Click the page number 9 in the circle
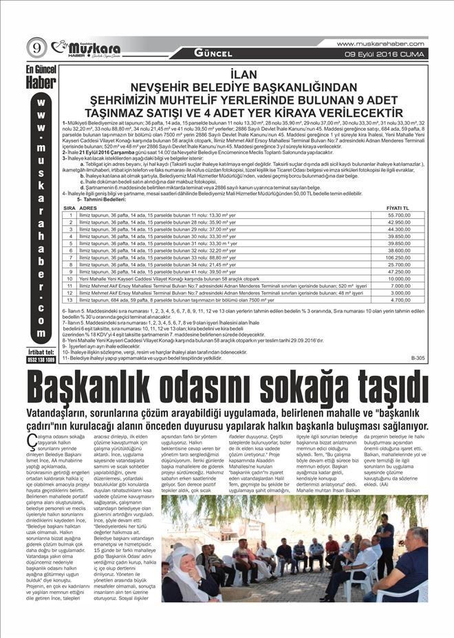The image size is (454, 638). pyautogui.click(x=36, y=48)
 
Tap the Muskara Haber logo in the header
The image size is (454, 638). pyautogui.click(x=88, y=49)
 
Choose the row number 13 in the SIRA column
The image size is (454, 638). pyautogui.click(x=70, y=299)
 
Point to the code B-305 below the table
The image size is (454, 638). pyautogui.click(x=418, y=358)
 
